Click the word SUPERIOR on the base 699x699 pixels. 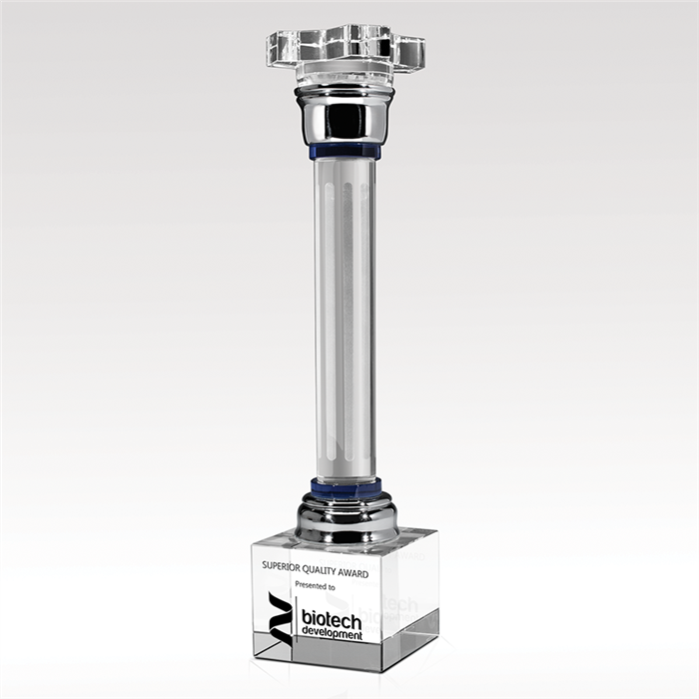[281, 565]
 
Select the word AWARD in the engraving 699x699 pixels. [352, 573]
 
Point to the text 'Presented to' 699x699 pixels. [315, 585]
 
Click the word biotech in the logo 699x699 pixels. [332, 618]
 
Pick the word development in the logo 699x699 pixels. [333, 633]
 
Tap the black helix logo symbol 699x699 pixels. [281, 617]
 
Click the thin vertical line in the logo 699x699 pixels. [297, 620]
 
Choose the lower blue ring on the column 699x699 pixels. [346, 486]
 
